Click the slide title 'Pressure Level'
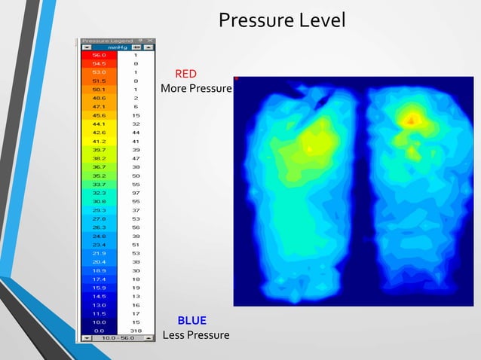click(x=282, y=20)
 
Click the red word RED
click(x=185, y=75)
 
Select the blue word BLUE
click(x=191, y=321)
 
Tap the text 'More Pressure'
click(x=196, y=89)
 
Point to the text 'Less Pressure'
click(x=196, y=334)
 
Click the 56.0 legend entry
click(x=99, y=55)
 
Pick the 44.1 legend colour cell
click(x=99, y=124)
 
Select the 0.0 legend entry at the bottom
click(x=99, y=330)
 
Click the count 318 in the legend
click(x=135, y=330)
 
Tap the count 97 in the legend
click(x=135, y=193)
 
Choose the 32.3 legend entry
click(x=99, y=193)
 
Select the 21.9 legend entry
click(x=99, y=253)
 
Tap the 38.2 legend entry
click(x=99, y=159)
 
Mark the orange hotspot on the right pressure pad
click(x=412, y=118)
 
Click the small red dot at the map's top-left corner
click(x=236, y=78)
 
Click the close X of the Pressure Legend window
click(x=150, y=41)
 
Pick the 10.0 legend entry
click(x=99, y=322)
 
